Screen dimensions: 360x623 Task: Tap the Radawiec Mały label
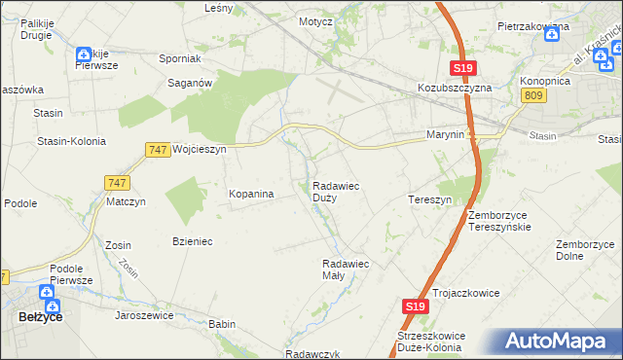[x=345, y=269]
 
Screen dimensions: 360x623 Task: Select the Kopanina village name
[x=251, y=195]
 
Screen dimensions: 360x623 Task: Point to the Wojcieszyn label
[x=199, y=150]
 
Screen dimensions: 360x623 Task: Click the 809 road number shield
[x=532, y=94]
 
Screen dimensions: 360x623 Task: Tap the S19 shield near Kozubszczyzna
[x=462, y=67]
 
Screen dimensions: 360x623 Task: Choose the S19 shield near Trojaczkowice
[x=415, y=306]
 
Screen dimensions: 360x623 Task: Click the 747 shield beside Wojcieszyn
[x=158, y=150]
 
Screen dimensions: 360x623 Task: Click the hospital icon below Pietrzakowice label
[x=552, y=32]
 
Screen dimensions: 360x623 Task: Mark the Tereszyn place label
[x=429, y=199]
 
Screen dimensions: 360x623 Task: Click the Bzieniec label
[x=192, y=240]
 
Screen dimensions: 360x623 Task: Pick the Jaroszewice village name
[x=147, y=315]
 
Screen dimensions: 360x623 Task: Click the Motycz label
[x=316, y=20]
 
